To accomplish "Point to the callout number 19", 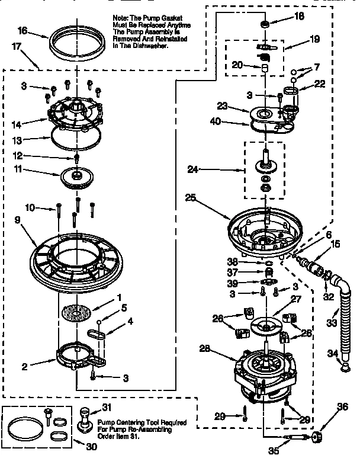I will (315, 40).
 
